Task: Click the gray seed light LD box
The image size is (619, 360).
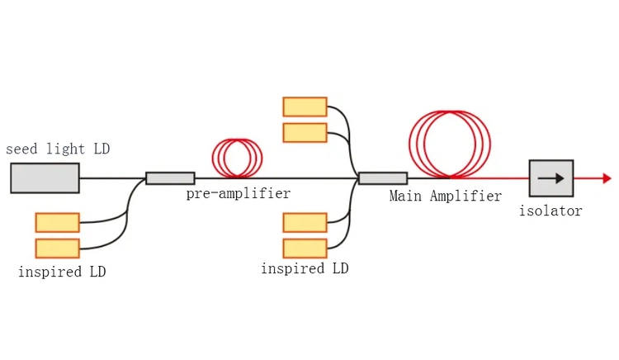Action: point(45,178)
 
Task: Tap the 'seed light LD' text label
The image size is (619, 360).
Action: point(58,149)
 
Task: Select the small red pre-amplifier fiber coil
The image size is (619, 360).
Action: point(237,157)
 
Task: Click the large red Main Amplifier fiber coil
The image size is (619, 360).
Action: point(450,144)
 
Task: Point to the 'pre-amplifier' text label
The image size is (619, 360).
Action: point(238,194)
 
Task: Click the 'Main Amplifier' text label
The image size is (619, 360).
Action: point(446,197)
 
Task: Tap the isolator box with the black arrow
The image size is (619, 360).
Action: point(550,178)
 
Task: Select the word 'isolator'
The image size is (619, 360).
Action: point(550,211)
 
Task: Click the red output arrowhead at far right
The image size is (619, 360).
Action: point(607,178)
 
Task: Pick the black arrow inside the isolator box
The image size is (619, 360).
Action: point(550,178)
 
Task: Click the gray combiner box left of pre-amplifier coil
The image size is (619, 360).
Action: point(170,178)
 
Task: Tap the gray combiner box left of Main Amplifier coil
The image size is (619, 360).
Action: point(382,178)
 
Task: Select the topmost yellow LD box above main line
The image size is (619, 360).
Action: point(305,106)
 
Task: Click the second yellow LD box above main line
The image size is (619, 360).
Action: point(305,132)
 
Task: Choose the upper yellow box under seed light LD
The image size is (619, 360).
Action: point(57,222)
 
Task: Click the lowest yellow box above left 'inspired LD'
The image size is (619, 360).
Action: point(57,248)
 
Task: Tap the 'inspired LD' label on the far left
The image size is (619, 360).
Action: point(62,272)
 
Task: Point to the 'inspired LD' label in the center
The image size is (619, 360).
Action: point(305,269)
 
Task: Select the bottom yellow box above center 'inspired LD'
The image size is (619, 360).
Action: point(305,248)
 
